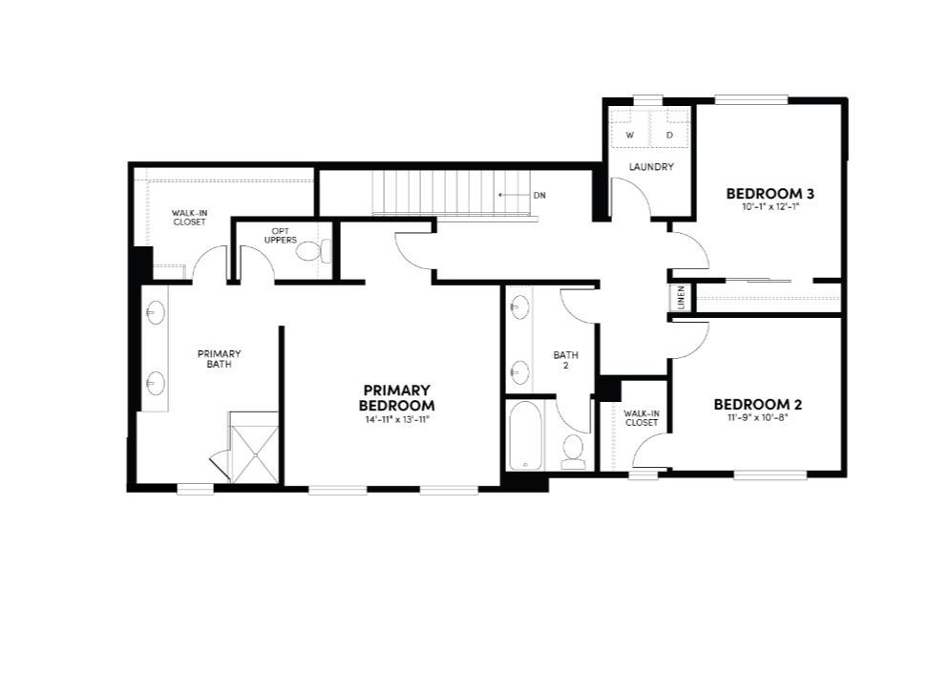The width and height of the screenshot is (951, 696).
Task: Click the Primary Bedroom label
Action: [397, 397]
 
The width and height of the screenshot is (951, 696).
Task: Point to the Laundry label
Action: [652, 167]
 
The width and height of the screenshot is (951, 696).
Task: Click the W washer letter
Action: [630, 136]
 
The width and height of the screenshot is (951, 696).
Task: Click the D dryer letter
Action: [669, 136]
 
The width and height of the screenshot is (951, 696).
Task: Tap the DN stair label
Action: [539, 195]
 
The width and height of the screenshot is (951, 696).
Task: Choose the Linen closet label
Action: [681, 298]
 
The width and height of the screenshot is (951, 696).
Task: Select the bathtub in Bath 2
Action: [525, 436]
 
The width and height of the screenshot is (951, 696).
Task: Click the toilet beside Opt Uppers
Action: [317, 251]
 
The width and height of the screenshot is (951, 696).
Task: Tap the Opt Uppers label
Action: [280, 236]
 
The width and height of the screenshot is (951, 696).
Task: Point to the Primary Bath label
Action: [220, 358]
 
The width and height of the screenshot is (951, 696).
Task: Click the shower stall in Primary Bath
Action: [253, 448]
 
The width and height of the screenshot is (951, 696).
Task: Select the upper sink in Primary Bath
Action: [155, 312]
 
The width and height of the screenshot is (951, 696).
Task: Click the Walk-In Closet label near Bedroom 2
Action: [642, 417]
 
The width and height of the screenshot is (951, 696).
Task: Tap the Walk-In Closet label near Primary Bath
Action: [189, 218]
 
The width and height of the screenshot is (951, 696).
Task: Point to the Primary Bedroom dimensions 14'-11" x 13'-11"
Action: [397, 420]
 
